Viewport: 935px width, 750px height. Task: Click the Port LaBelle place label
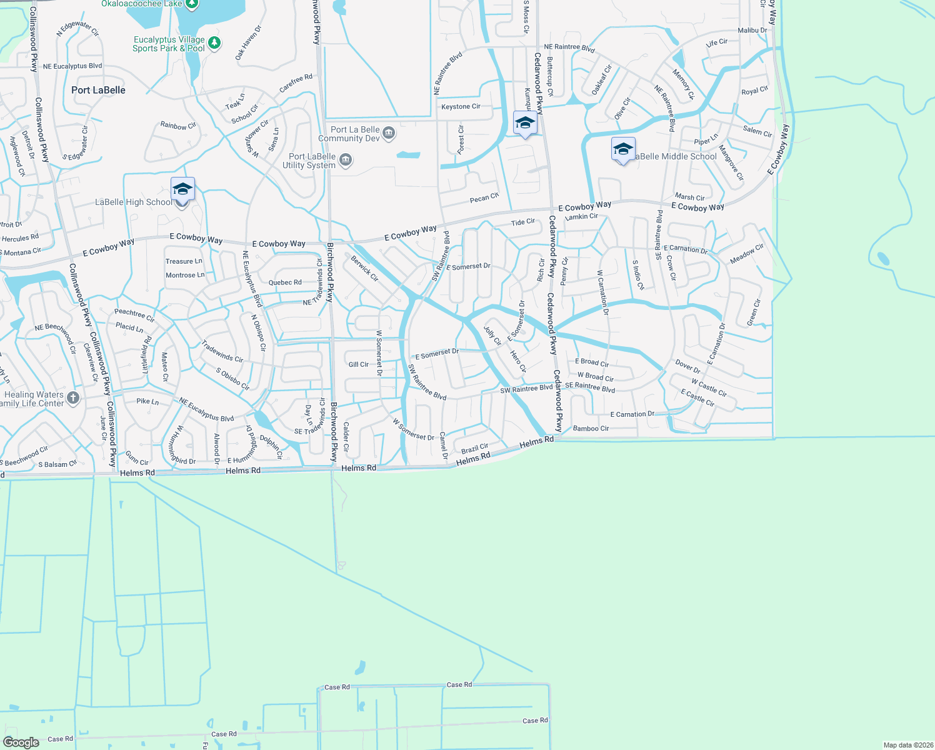click(x=98, y=90)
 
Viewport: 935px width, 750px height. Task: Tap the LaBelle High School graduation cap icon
click(x=182, y=189)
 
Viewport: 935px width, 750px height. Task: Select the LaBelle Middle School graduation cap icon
click(x=623, y=149)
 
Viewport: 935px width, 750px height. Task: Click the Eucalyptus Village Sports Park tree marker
click(x=214, y=43)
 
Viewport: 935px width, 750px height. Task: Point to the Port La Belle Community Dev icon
click(x=389, y=132)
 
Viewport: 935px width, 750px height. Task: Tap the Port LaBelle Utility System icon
click(x=346, y=161)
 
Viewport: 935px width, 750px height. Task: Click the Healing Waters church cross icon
click(x=73, y=398)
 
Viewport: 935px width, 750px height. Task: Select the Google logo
click(x=21, y=742)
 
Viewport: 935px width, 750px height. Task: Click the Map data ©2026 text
click(x=907, y=745)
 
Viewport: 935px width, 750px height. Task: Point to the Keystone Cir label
click(x=461, y=107)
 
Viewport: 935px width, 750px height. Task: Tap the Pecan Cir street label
click(x=484, y=198)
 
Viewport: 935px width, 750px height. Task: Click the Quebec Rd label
click(x=285, y=282)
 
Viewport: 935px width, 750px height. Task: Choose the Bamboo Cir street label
click(x=591, y=429)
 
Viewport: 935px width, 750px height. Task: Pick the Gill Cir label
click(x=358, y=364)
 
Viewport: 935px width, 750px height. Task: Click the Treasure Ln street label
click(x=184, y=261)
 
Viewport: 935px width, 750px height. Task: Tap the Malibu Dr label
click(x=752, y=30)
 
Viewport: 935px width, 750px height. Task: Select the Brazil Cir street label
click(x=474, y=449)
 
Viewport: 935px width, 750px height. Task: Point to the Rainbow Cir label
click(x=178, y=126)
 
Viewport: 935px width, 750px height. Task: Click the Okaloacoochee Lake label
click(x=142, y=4)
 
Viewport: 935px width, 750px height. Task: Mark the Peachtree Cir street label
click(x=134, y=315)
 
